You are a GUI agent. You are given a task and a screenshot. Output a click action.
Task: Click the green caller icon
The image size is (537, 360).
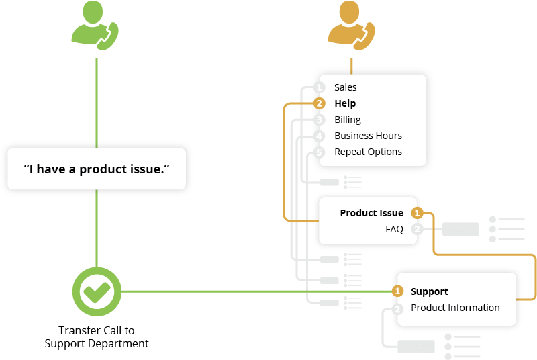pyautogui.click(x=96, y=28)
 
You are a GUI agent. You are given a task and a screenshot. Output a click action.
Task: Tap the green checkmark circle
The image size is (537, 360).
pyautogui.click(x=97, y=291)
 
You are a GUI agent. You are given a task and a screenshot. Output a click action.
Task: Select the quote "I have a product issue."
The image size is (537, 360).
pyautogui.click(x=97, y=169)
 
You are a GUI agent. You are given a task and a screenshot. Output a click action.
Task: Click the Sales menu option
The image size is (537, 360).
pyautogui.click(x=346, y=87)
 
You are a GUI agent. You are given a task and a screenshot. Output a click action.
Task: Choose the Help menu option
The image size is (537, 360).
pyautogui.click(x=345, y=103)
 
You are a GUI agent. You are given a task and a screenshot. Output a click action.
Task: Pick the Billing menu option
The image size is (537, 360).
pyautogui.click(x=348, y=120)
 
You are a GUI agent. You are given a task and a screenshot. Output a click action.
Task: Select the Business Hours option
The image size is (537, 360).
pyautogui.click(x=368, y=136)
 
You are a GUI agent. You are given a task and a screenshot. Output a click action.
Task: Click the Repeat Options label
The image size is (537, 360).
pyautogui.click(x=368, y=152)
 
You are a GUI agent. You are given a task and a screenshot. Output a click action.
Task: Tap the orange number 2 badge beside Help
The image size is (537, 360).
pyautogui.click(x=320, y=103)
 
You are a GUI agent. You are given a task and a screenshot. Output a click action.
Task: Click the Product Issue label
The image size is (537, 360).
pyautogui.click(x=371, y=213)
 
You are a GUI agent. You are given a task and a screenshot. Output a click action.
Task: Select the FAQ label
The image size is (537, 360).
pyautogui.click(x=394, y=229)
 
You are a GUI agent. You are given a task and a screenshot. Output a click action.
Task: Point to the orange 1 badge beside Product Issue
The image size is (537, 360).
pyautogui.click(x=417, y=213)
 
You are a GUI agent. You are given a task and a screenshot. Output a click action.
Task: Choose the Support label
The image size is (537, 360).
pyautogui.click(x=429, y=291)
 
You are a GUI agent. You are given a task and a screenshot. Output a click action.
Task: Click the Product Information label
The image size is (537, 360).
pyautogui.click(x=455, y=308)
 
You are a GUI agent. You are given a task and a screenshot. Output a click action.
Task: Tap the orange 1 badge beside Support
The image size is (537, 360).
pyautogui.click(x=397, y=291)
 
